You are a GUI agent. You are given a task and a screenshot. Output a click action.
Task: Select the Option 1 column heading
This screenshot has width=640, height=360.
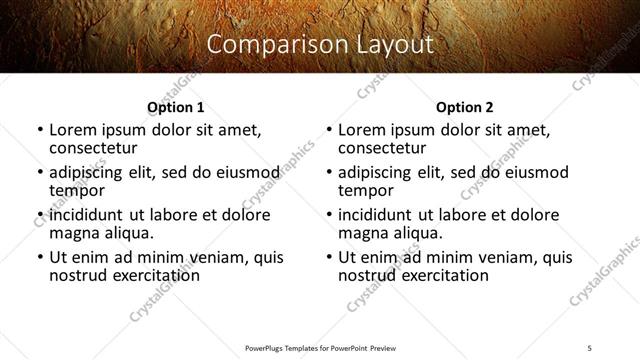tap(175, 107)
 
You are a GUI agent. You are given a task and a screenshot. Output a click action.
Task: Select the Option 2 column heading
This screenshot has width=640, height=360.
tap(464, 107)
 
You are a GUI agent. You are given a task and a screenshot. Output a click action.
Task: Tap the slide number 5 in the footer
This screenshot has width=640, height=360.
tap(589, 347)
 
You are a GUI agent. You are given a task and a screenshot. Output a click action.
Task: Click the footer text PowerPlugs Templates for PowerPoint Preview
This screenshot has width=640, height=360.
tap(320, 347)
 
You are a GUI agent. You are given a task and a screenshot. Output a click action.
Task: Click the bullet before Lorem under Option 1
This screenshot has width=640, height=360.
tap(40, 131)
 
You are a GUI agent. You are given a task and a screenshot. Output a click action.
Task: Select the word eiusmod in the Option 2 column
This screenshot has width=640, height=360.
tap(535, 173)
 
